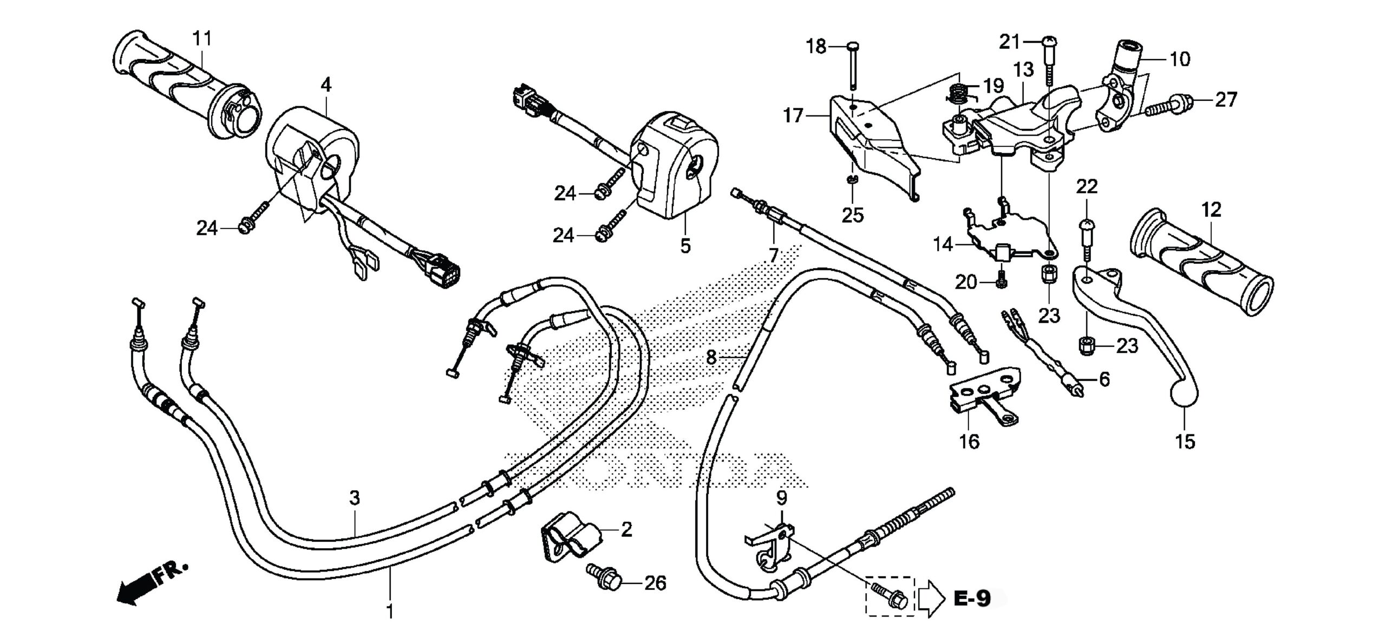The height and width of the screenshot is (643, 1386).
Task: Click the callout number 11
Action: (202, 38)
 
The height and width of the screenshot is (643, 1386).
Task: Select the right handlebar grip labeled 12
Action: (1202, 265)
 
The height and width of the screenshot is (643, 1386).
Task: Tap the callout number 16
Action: (969, 442)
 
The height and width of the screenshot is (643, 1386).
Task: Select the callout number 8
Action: (711, 357)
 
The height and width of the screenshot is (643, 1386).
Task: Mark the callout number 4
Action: (326, 85)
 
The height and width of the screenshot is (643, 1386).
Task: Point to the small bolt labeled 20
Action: (1001, 282)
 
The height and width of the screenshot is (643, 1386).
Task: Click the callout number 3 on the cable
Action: (354, 498)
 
